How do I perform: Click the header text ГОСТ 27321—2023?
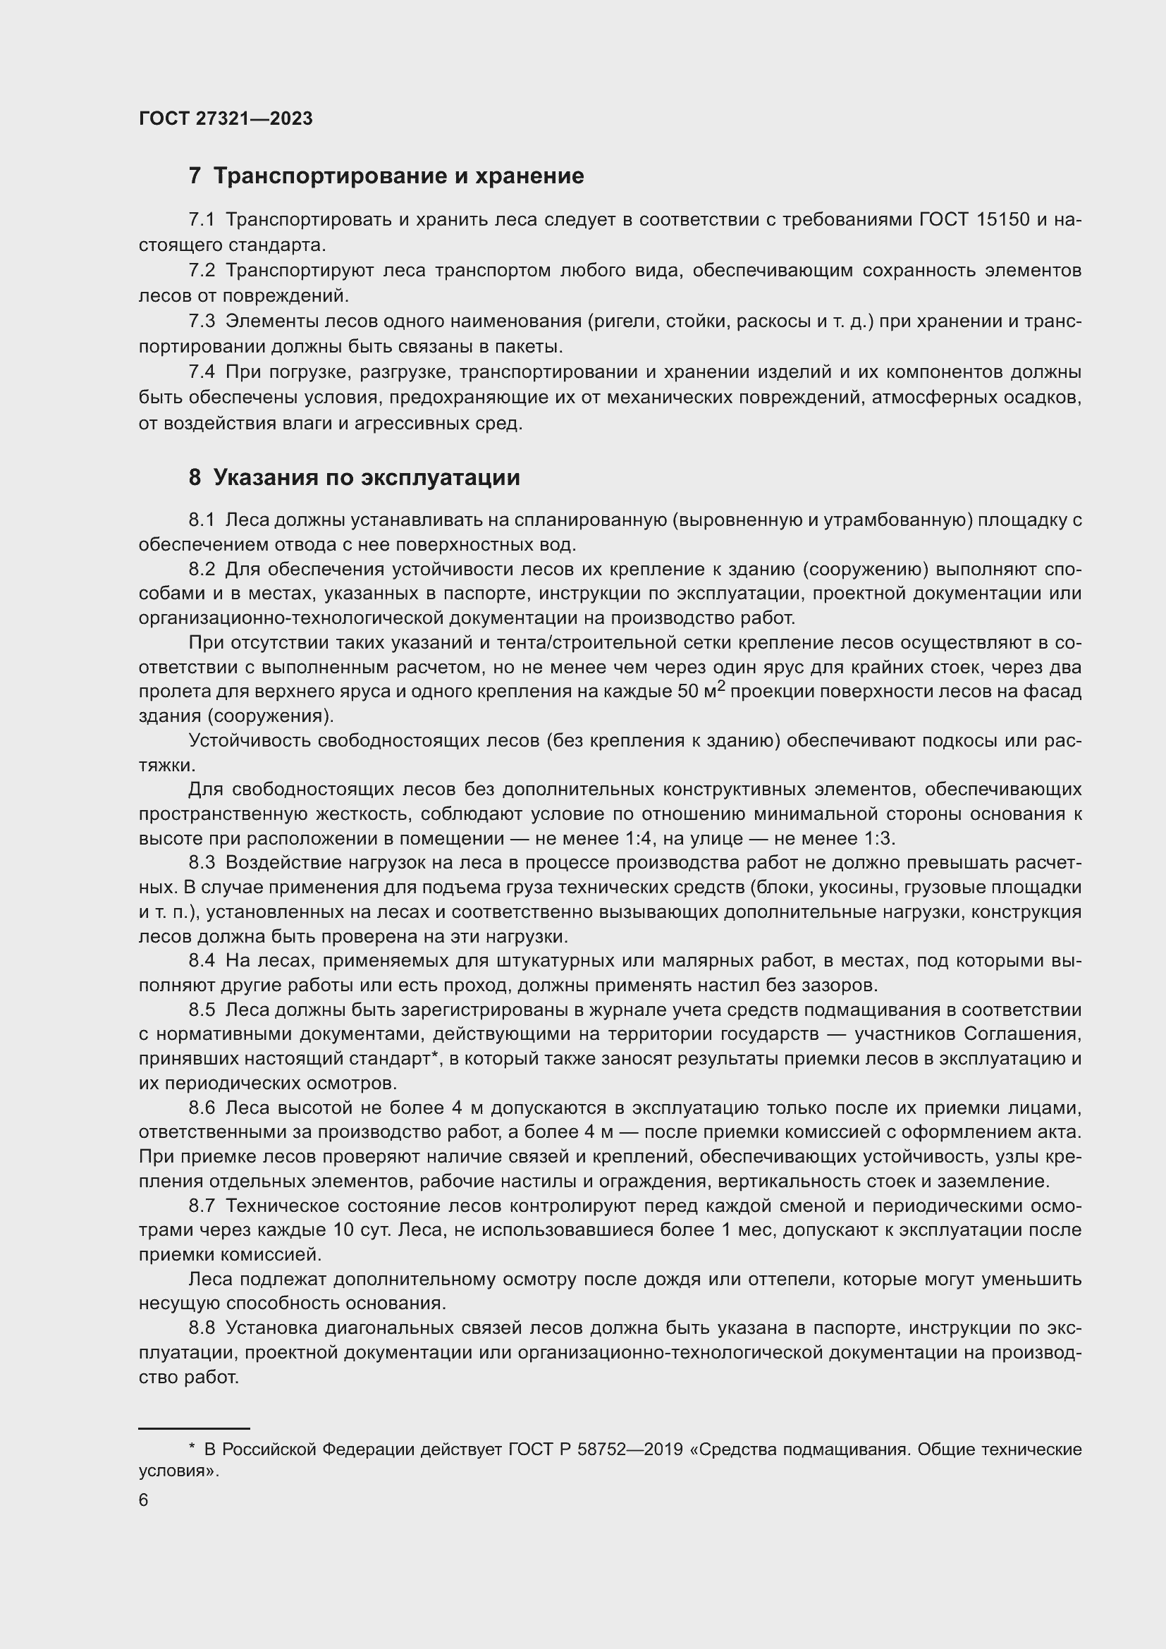[x=226, y=119]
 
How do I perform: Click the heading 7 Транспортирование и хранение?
[x=386, y=176]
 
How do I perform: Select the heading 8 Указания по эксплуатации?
[x=354, y=477]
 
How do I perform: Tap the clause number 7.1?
[x=202, y=220]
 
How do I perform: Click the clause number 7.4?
[x=202, y=372]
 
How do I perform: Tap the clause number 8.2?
[x=202, y=570]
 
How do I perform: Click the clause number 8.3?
[x=202, y=862]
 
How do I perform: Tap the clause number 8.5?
[x=202, y=1010]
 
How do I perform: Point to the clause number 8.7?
[x=202, y=1206]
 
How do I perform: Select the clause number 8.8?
[x=202, y=1329]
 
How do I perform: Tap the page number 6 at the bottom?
[x=144, y=1500]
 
